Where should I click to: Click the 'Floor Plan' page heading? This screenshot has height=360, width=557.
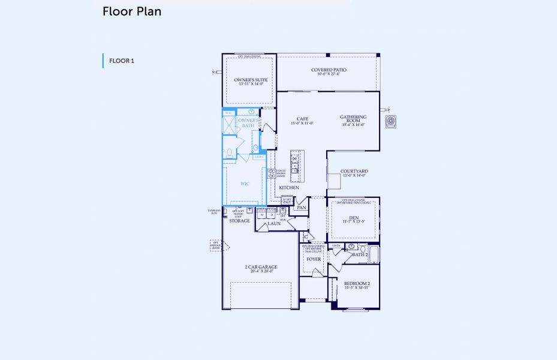(x=131, y=11)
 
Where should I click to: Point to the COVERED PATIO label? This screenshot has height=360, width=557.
(x=328, y=70)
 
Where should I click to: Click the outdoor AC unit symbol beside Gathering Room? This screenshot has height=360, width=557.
(x=392, y=121)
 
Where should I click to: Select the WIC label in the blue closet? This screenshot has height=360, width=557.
(x=245, y=184)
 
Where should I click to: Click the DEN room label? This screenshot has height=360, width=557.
(x=353, y=219)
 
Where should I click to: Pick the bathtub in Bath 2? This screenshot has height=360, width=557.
(x=374, y=254)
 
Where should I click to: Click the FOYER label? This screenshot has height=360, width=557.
(x=313, y=259)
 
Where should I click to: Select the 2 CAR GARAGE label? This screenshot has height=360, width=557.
(x=261, y=268)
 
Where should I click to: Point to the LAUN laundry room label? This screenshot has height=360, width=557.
(x=274, y=223)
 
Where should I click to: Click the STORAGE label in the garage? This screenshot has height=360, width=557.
(x=239, y=221)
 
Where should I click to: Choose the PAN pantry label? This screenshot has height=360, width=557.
(x=302, y=208)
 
